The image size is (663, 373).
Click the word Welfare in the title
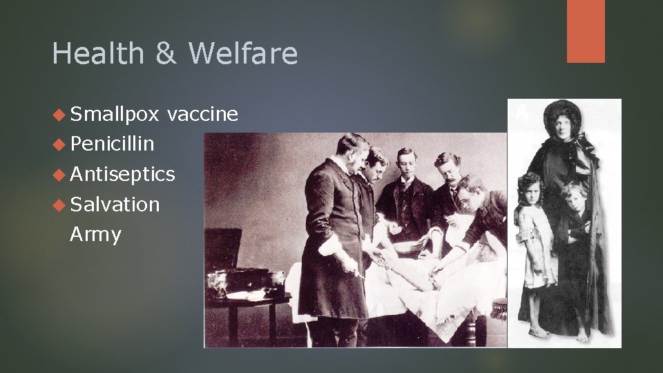pyautogui.click(x=243, y=54)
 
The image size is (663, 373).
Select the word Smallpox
pyautogui.click(x=114, y=114)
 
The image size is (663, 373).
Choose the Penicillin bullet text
pyautogui.click(x=112, y=144)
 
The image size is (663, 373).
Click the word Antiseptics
pyautogui.click(x=122, y=174)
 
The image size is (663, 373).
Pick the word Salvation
pyautogui.click(x=115, y=204)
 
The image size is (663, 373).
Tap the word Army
pyautogui.click(x=95, y=234)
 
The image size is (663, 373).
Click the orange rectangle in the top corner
pyautogui.click(x=586, y=31)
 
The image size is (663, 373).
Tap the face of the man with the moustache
pyautogui.click(x=450, y=170)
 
